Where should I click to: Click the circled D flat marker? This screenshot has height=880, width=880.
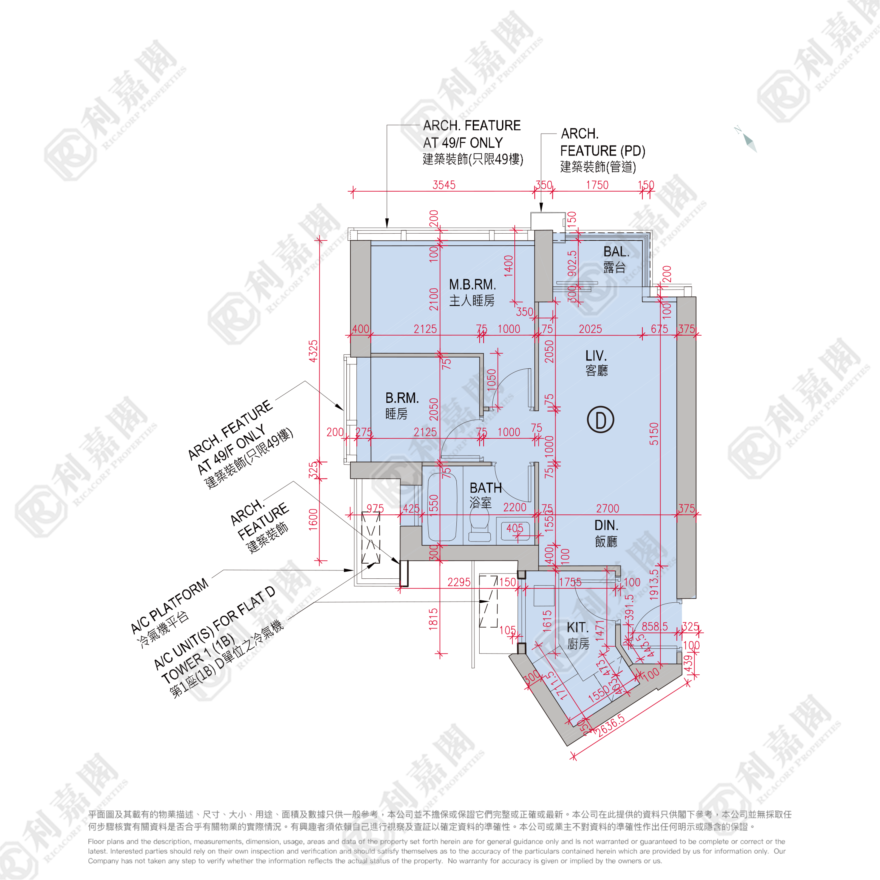click(x=600, y=420)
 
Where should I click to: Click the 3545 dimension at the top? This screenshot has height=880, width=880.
click(x=444, y=185)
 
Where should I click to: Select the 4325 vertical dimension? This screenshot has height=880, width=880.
click(x=313, y=351)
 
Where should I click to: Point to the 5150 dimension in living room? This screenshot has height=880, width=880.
click(x=654, y=434)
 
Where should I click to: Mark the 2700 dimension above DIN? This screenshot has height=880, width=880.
click(x=608, y=508)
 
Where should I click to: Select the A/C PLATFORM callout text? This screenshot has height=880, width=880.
click(x=170, y=606)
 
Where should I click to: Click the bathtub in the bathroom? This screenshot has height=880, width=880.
click(x=441, y=508)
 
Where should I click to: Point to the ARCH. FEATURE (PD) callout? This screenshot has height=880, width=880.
click(x=602, y=150)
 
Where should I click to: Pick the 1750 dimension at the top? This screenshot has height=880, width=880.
click(x=597, y=185)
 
